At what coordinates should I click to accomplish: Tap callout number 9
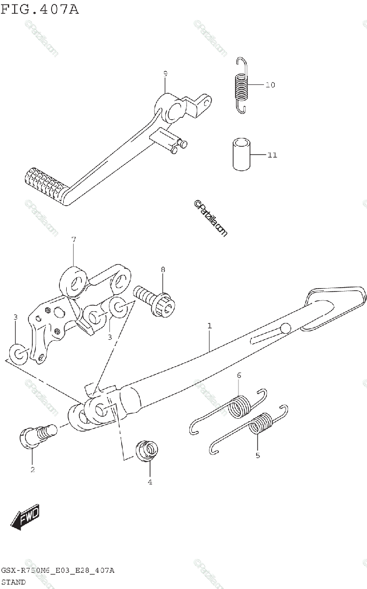point(165,74)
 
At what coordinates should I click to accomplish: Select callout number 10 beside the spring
point(270,85)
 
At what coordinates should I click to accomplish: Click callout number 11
point(272,155)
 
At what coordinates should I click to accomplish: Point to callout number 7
point(74,240)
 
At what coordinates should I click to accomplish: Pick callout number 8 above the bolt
point(163,269)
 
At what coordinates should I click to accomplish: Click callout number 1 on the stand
point(210,325)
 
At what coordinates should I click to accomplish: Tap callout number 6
point(239,376)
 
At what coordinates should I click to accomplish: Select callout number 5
point(258,455)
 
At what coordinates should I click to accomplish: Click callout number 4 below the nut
point(150,482)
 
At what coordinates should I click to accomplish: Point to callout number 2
point(32,470)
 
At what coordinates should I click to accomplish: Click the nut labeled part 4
point(147,450)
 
